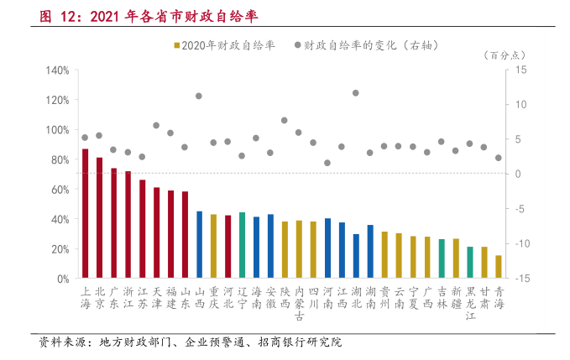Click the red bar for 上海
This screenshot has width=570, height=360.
[85, 213]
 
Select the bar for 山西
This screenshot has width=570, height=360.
[199, 244]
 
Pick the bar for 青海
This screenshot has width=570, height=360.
[499, 267]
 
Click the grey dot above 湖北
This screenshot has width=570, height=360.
[356, 92]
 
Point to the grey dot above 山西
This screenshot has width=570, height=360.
[199, 96]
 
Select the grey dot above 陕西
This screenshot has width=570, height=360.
[285, 120]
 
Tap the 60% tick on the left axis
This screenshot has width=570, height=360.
[60, 190]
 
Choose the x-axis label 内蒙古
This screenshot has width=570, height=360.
[299, 301]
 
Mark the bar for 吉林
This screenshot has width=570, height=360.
[442, 258]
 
